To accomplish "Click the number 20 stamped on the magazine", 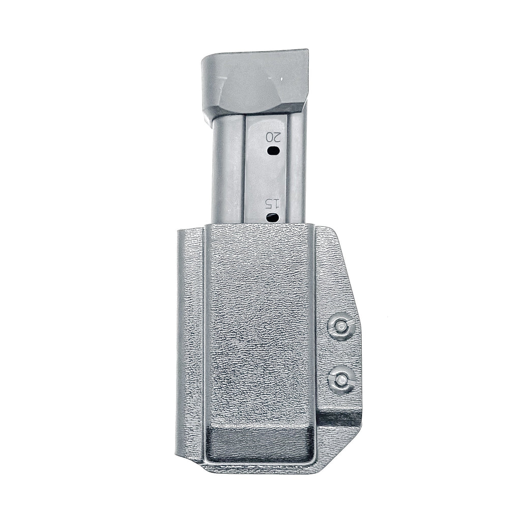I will (273, 137).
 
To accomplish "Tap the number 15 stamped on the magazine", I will (273, 205).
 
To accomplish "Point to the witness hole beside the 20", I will (273, 150).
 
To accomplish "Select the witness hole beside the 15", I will (273, 218).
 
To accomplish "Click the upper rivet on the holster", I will (341, 326).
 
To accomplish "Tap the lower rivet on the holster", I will (341, 379).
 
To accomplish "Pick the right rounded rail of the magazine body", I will (297, 168).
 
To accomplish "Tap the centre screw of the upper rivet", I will (341, 325).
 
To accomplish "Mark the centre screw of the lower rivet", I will (342, 379).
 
